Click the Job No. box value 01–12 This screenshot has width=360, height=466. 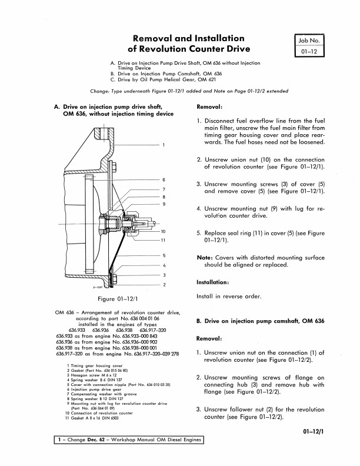(309, 51)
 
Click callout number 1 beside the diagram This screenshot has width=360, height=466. (164, 145)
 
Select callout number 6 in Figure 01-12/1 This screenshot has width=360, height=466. (164, 180)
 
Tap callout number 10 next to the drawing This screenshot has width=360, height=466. (163, 231)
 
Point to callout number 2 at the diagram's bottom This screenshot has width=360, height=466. (164, 285)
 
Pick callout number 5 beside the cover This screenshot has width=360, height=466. (164, 255)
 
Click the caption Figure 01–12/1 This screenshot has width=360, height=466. (118, 299)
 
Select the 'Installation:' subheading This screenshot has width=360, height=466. (213, 282)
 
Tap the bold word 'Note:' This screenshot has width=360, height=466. (205, 258)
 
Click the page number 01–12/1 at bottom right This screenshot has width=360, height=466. (314, 431)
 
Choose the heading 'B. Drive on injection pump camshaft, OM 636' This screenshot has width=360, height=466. (260, 321)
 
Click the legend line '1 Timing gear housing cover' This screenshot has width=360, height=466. (95, 366)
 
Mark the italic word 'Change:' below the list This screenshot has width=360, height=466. (99, 91)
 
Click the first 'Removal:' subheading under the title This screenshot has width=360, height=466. (209, 107)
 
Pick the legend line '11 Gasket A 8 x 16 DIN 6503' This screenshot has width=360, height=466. (92, 418)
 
